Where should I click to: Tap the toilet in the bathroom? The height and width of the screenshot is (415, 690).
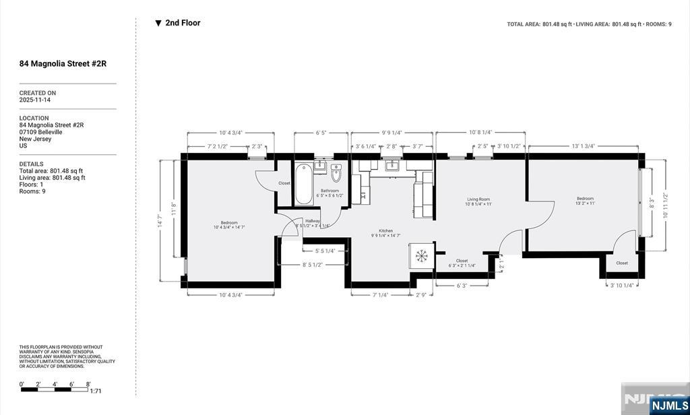point(337,174)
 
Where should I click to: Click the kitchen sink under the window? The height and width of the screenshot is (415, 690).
point(390,165)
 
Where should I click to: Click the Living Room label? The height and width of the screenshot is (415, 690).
point(478,199)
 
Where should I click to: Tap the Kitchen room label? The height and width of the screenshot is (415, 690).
point(386,231)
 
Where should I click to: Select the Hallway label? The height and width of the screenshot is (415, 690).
point(313,221)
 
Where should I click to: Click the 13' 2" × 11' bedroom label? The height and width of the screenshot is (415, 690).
point(585,199)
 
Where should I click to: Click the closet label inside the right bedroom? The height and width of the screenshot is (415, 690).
point(621,263)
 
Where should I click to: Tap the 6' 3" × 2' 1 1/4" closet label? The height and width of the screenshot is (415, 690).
point(462,261)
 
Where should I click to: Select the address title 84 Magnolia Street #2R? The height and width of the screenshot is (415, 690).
point(63,64)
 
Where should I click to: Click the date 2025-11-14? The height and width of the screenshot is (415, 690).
point(35,100)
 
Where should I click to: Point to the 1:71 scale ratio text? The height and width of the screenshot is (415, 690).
point(95,391)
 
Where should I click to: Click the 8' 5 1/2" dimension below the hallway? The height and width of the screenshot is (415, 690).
point(312,265)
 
